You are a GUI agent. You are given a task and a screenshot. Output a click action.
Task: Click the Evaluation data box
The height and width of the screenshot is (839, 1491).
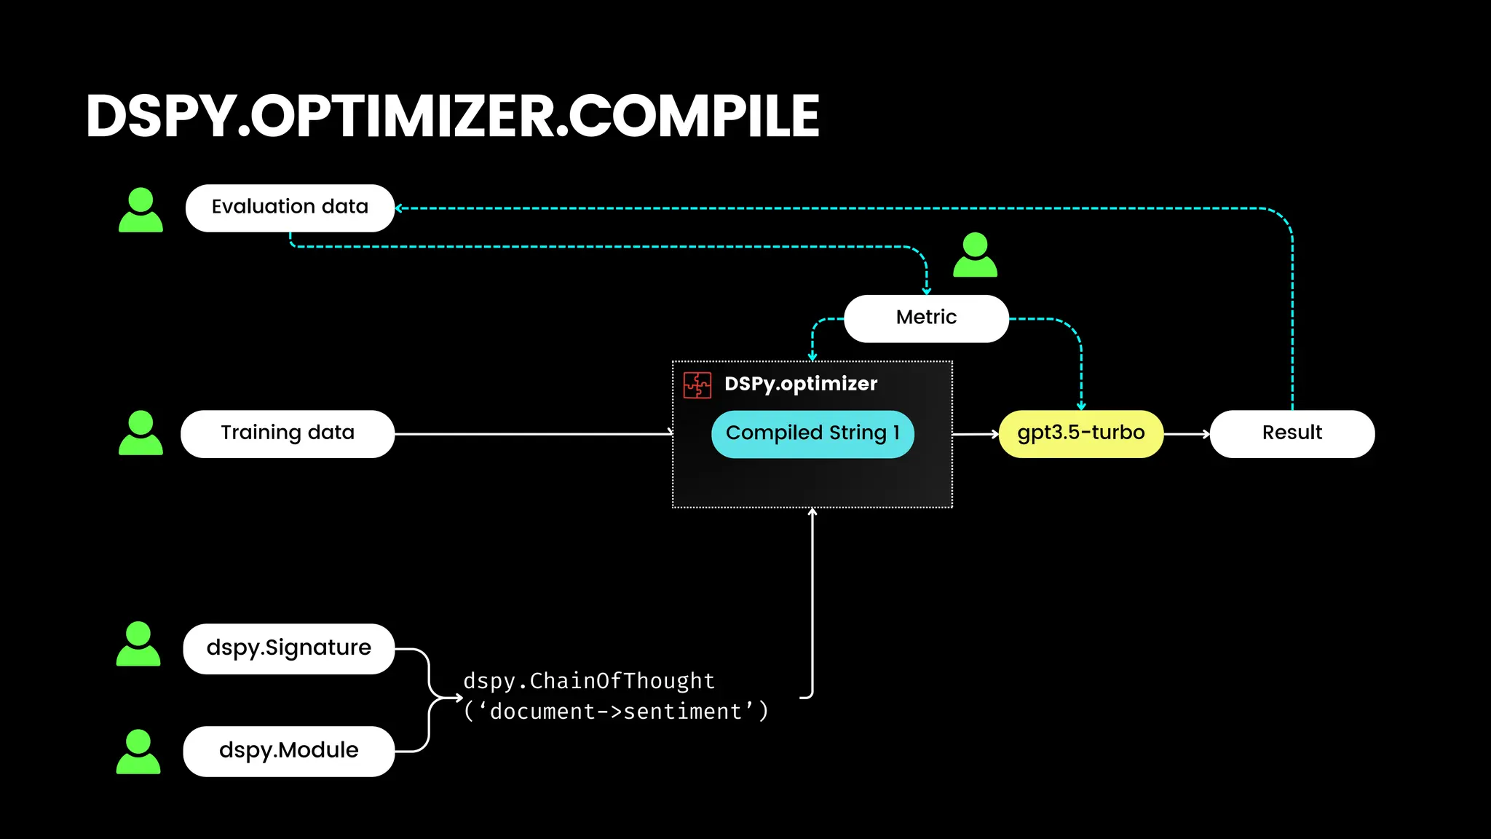click(x=290, y=208)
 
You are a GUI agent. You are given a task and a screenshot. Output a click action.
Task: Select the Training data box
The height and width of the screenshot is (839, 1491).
click(x=288, y=434)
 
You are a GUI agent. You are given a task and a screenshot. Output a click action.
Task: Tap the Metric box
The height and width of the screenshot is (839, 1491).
click(x=926, y=318)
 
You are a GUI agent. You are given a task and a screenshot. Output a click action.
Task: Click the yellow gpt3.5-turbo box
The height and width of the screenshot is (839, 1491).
click(x=1080, y=434)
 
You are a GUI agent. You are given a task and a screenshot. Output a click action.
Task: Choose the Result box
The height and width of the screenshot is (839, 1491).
click(x=1292, y=434)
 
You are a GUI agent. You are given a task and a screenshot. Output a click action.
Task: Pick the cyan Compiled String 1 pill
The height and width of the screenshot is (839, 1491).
click(x=812, y=434)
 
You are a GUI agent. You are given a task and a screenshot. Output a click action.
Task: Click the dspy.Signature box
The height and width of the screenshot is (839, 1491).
click(x=288, y=649)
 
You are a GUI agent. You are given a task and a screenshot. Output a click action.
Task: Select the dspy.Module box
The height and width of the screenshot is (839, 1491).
click(x=288, y=751)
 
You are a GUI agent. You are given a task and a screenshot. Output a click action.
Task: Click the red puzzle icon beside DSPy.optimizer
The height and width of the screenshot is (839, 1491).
click(x=697, y=385)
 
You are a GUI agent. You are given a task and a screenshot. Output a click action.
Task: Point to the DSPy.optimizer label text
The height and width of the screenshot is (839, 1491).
click(x=801, y=384)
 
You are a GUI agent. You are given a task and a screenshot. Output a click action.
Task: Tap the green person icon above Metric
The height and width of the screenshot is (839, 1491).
click(x=975, y=255)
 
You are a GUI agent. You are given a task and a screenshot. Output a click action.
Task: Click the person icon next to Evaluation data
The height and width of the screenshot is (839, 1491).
click(x=141, y=210)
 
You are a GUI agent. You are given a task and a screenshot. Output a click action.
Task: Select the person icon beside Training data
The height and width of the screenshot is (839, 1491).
click(x=141, y=433)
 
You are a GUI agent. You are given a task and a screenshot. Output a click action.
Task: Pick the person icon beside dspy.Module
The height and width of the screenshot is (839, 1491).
click(x=138, y=752)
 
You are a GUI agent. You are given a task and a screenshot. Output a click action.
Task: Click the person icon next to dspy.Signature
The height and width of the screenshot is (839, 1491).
click(x=138, y=645)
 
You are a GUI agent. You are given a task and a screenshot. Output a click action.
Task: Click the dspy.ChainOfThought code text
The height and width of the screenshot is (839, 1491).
click(x=589, y=681)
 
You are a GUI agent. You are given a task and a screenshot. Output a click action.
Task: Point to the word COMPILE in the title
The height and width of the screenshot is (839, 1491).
click(x=694, y=117)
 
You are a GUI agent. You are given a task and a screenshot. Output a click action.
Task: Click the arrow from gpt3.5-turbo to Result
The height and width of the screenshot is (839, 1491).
click(x=1187, y=434)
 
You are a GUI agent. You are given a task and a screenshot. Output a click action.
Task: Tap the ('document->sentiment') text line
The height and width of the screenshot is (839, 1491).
click(x=616, y=712)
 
